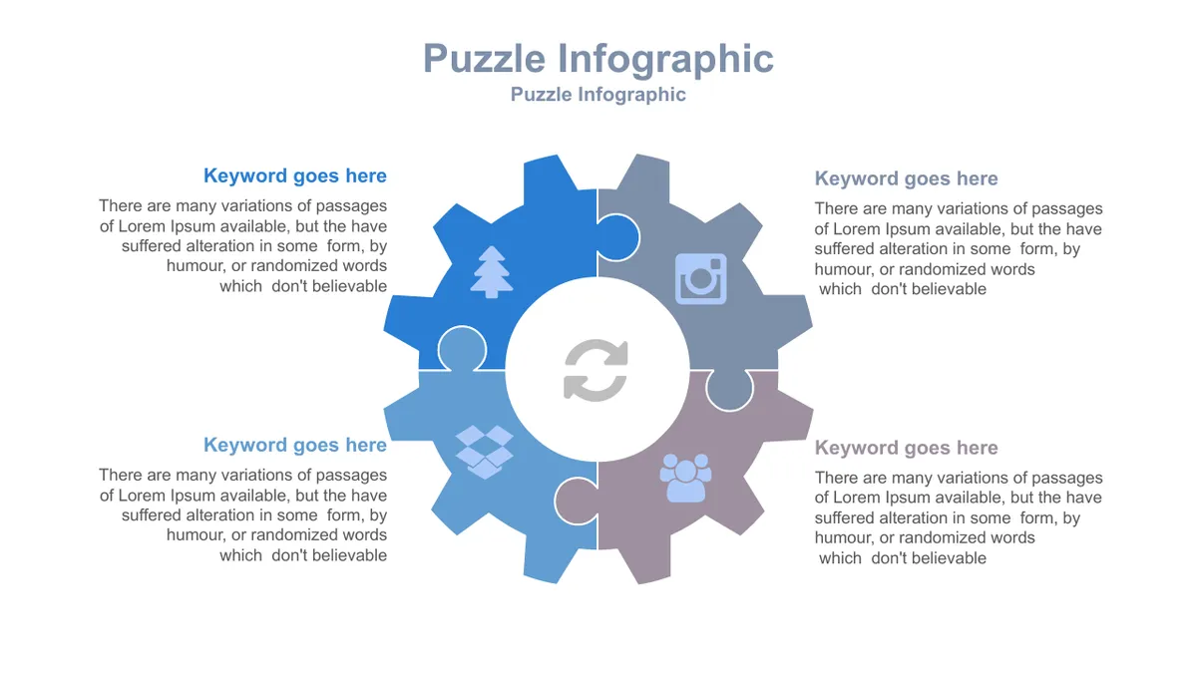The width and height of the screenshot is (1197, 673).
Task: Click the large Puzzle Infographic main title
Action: pos(598,60)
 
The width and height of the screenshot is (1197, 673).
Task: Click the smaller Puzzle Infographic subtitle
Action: pos(598,95)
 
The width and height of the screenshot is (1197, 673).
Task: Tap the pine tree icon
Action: pos(491,272)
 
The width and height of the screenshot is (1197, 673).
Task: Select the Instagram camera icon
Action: pos(700,279)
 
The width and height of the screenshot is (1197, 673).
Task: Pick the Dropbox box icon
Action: pos(485,452)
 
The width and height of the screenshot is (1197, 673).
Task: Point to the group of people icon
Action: pos(685,478)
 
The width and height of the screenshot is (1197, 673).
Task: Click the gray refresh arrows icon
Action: pos(596,370)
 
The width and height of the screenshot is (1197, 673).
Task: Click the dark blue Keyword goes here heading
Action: pos(295,175)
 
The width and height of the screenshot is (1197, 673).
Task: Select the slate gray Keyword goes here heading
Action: pos(906,178)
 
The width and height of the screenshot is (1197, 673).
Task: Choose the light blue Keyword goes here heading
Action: pos(295,445)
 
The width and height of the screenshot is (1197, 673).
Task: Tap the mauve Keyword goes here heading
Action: pos(906,448)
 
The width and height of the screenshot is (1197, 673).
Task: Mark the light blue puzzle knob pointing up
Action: pos(462,348)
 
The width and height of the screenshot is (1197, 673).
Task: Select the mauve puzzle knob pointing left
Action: pos(577,501)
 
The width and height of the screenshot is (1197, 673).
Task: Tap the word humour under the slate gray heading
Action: pos(841,269)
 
